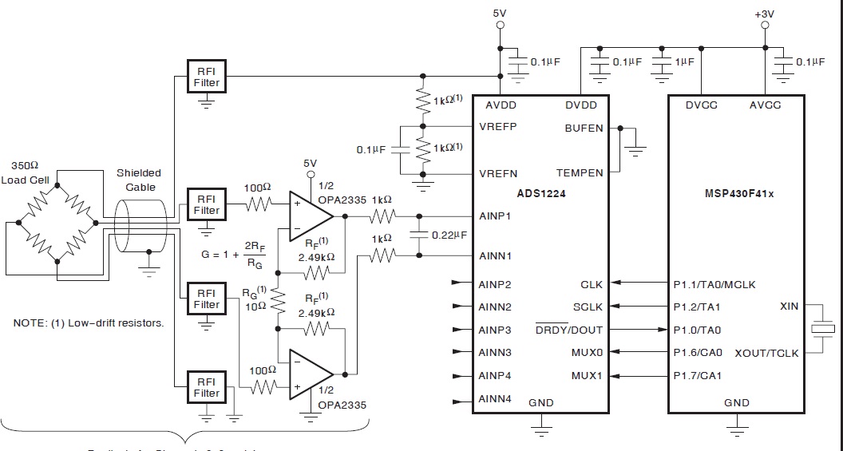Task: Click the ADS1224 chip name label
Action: [x=540, y=192]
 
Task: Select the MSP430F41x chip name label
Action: [x=736, y=192]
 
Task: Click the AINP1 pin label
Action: [x=495, y=216]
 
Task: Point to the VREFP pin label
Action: [x=498, y=127]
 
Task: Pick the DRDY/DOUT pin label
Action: [x=569, y=330]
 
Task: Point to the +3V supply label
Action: [x=765, y=14]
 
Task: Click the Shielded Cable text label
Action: [x=139, y=180]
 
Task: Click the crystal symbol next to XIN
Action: [x=822, y=329]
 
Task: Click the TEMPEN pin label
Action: [x=580, y=173]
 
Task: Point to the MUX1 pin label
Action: [x=587, y=375]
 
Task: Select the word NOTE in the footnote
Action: [x=30, y=323]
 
